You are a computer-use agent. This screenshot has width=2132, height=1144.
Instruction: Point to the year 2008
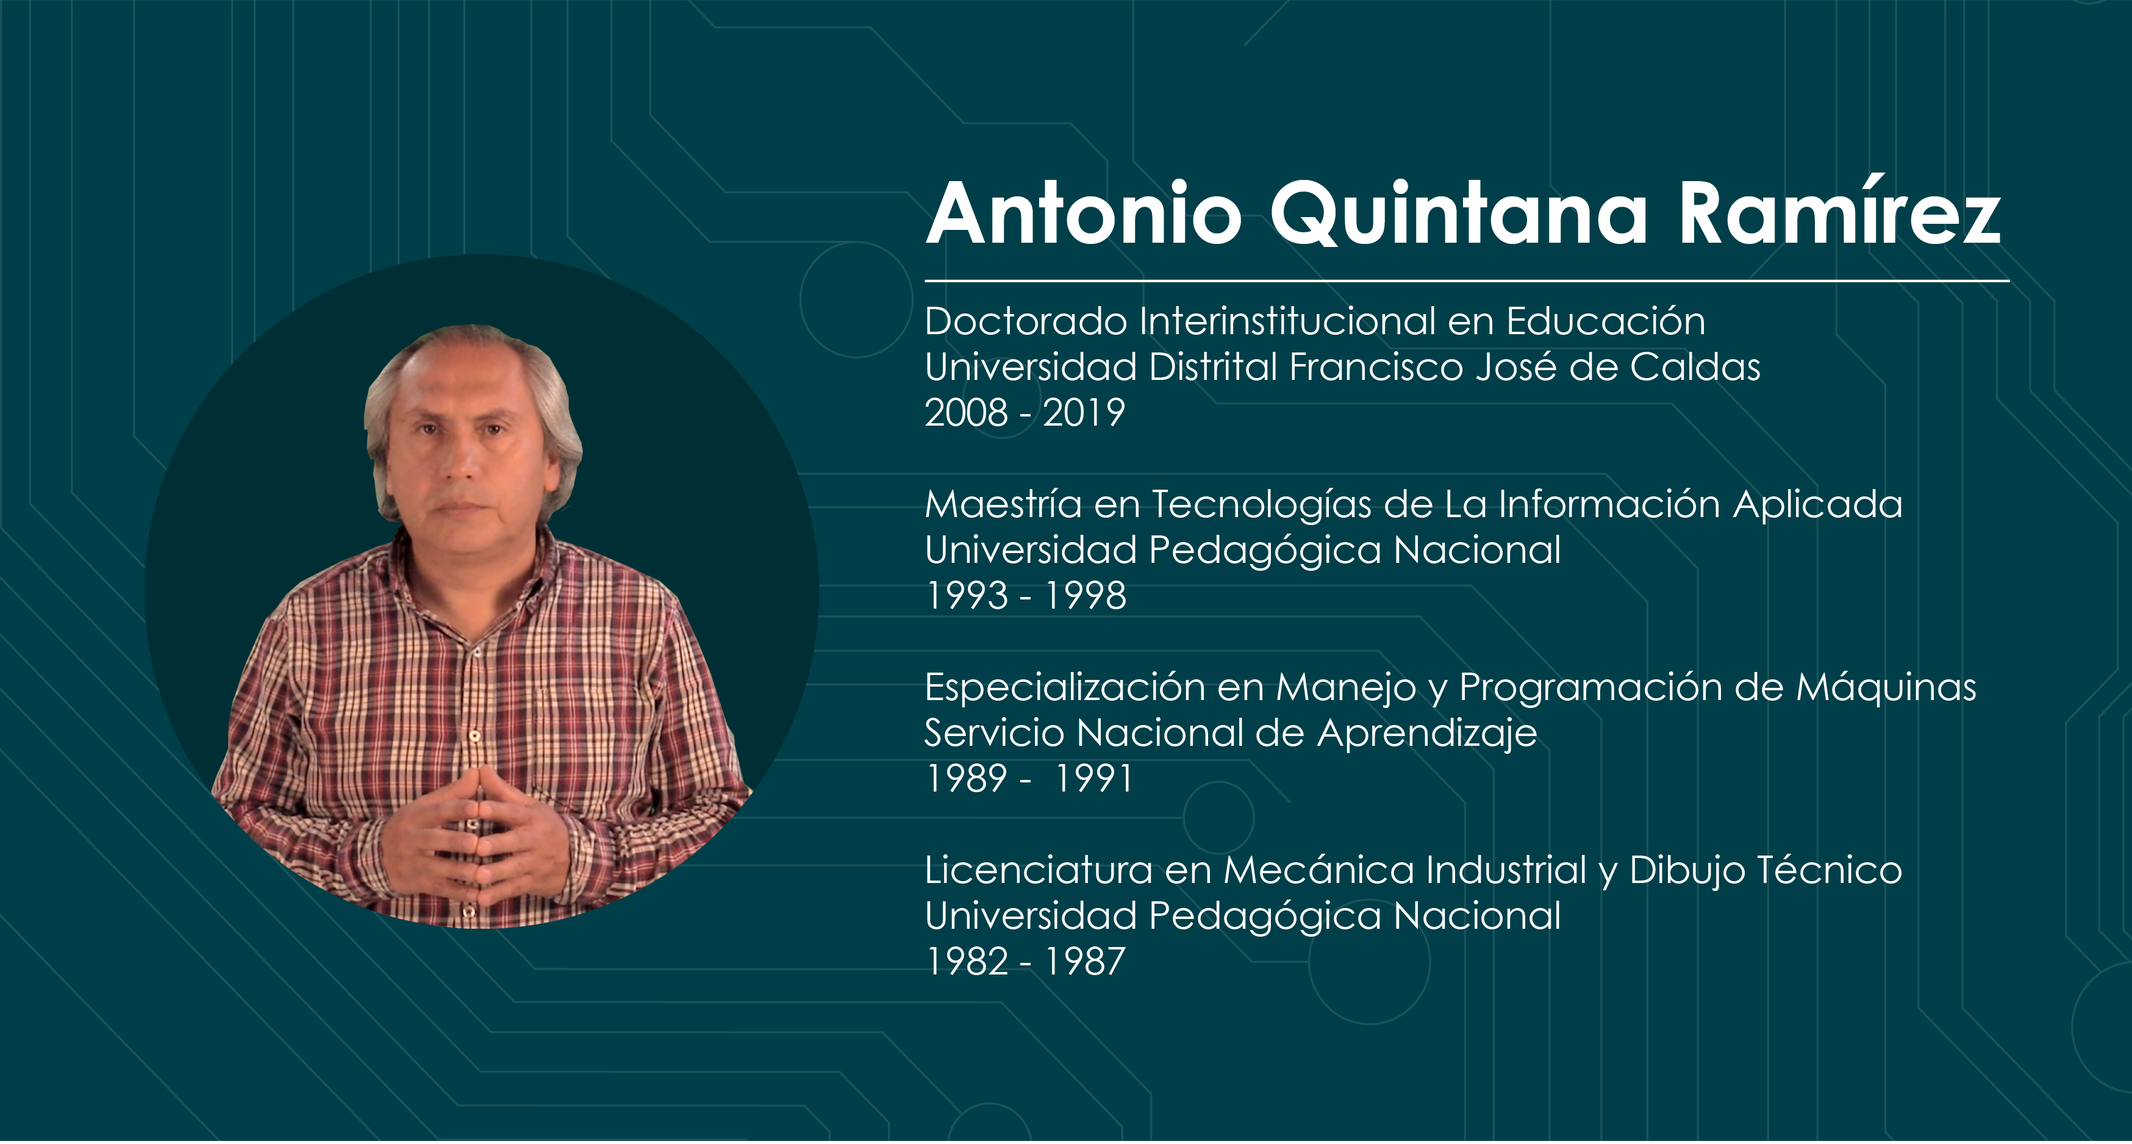[966, 412]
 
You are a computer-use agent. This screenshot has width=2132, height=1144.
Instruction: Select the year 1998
[1085, 595]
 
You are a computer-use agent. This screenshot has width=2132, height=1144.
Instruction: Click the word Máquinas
[1886, 688]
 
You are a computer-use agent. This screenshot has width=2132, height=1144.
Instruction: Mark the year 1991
[1092, 778]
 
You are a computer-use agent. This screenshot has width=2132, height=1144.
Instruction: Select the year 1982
[967, 961]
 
